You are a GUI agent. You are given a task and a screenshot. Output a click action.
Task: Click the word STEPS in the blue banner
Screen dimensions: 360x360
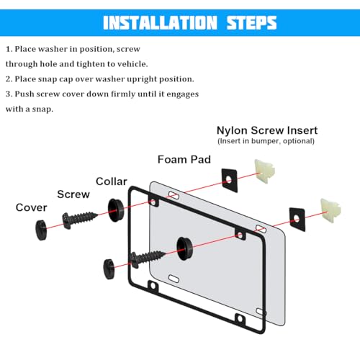(x=251, y=23)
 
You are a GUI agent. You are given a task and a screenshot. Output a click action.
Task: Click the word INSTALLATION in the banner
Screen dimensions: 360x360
(x=160, y=23)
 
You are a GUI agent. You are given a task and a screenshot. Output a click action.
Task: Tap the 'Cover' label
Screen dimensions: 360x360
(x=31, y=207)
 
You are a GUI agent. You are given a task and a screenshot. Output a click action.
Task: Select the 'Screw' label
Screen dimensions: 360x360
(x=73, y=194)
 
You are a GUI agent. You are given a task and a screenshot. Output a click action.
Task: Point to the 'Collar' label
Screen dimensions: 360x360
(x=112, y=181)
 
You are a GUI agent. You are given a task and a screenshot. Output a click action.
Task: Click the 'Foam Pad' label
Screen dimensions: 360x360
(x=184, y=160)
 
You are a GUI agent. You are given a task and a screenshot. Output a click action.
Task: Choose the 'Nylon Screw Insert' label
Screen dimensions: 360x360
(x=267, y=130)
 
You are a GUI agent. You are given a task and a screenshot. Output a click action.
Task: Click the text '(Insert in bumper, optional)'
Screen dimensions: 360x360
(x=266, y=141)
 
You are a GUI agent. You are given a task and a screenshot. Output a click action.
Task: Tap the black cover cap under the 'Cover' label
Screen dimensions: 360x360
(x=41, y=230)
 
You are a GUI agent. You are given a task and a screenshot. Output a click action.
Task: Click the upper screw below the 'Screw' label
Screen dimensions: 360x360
(x=80, y=220)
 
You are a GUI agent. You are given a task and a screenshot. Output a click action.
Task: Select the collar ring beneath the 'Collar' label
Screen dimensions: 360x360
(x=116, y=210)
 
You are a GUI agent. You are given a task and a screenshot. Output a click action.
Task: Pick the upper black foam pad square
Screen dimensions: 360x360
(x=229, y=180)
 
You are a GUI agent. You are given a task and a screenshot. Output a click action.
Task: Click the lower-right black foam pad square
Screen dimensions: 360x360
(x=297, y=220)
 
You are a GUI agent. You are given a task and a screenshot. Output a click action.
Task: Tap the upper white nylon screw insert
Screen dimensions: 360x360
(x=264, y=171)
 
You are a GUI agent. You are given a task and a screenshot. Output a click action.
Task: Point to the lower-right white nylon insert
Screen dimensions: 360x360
(x=330, y=211)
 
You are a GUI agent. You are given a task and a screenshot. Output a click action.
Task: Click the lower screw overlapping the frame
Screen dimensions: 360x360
(x=148, y=258)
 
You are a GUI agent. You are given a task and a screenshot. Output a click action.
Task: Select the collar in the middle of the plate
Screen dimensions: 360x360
(x=184, y=248)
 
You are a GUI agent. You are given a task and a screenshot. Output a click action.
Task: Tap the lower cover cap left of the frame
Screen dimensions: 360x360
(x=109, y=269)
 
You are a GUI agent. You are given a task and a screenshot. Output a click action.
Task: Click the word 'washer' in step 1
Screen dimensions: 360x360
(x=53, y=49)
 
